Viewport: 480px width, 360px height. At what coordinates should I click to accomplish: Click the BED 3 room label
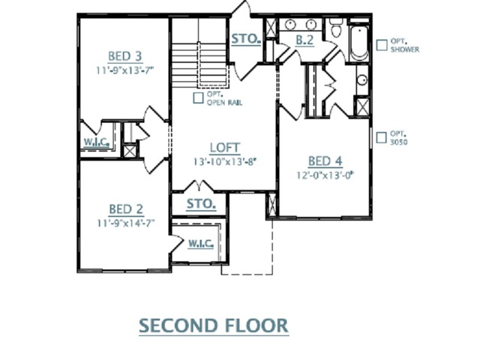click(x=125, y=56)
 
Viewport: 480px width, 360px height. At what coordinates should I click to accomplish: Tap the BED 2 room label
click(x=126, y=209)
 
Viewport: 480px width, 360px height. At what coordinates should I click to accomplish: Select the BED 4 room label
click(x=325, y=161)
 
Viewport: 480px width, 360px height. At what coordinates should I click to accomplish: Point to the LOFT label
click(x=225, y=148)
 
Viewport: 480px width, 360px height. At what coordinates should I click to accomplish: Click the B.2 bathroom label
click(x=304, y=40)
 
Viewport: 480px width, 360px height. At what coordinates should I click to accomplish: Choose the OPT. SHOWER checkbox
click(x=382, y=45)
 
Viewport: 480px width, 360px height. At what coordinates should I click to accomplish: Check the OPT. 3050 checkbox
click(x=382, y=137)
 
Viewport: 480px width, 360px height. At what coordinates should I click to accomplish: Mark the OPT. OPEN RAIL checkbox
click(x=198, y=98)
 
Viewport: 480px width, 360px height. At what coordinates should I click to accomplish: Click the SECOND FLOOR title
click(x=214, y=325)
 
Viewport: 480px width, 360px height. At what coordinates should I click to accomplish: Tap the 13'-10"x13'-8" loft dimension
click(x=224, y=161)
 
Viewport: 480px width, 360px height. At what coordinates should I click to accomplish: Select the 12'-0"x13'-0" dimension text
click(x=325, y=175)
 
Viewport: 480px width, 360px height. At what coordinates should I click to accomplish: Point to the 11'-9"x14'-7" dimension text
click(x=126, y=223)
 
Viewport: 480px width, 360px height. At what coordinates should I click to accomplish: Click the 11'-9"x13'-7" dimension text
click(x=125, y=70)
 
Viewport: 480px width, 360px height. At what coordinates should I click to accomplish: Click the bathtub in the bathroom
click(x=358, y=43)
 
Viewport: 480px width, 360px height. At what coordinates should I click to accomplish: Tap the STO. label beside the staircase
click(x=246, y=39)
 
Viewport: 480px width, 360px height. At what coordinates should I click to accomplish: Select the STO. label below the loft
click(x=201, y=204)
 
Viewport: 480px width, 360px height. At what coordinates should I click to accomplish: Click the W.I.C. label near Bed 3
click(x=97, y=142)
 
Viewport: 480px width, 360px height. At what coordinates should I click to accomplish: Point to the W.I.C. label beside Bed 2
click(x=200, y=244)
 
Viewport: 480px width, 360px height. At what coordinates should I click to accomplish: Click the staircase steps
click(x=199, y=65)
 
